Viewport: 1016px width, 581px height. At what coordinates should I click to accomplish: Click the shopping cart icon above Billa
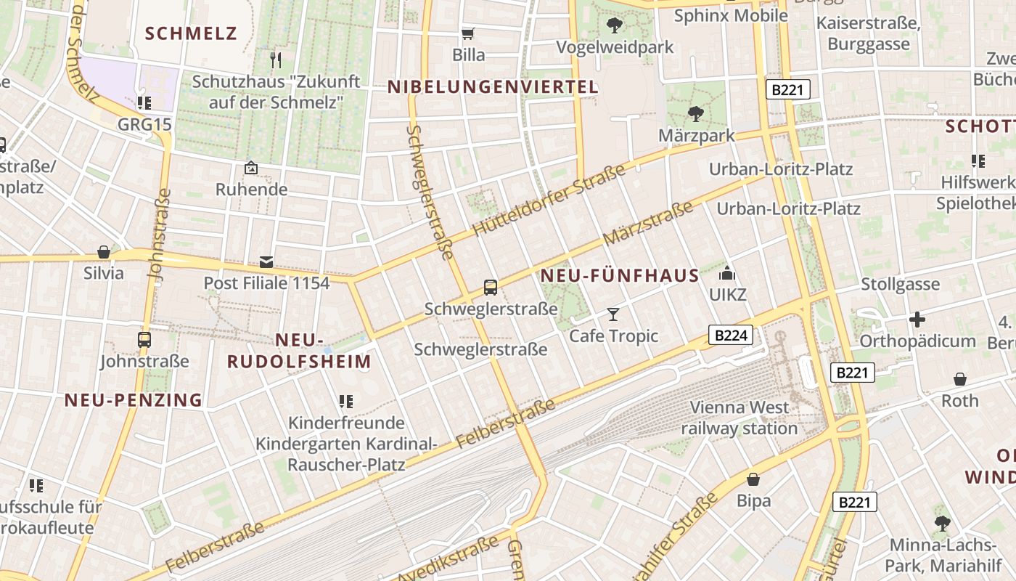[468, 33]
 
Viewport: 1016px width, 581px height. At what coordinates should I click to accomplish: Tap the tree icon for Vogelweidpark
[615, 25]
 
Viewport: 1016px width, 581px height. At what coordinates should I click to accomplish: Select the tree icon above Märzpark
[696, 113]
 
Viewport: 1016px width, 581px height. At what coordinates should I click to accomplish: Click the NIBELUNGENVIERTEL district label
[493, 87]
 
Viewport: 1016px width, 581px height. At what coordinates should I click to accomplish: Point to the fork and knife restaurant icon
[276, 60]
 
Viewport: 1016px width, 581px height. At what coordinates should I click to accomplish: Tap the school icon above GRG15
[144, 102]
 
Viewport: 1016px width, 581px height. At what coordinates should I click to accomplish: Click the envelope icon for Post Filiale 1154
[266, 261]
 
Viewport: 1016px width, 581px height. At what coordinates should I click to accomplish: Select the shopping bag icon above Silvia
[104, 252]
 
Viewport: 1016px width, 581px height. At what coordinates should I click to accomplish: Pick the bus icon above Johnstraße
[144, 339]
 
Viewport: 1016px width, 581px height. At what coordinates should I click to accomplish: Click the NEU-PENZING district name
[134, 400]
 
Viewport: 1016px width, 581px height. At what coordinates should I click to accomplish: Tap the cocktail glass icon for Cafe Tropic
[613, 314]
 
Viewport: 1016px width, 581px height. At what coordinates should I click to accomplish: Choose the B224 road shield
[730, 335]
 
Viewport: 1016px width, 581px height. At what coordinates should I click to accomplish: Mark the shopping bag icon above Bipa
[753, 479]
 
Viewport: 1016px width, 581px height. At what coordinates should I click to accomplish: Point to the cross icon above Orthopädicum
[917, 320]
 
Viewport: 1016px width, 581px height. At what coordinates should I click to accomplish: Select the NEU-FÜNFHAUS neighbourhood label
[620, 276]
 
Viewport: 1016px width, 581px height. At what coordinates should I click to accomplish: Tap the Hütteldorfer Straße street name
[549, 200]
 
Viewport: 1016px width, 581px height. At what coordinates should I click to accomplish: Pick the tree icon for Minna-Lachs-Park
[942, 523]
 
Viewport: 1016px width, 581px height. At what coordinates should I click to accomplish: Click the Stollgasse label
[900, 284]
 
